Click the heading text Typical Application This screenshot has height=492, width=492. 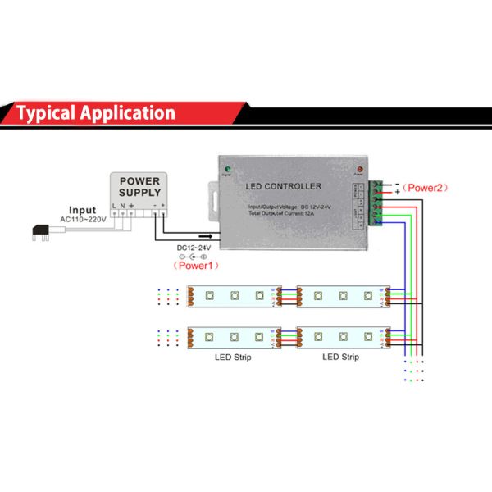pyautogui.click(x=96, y=113)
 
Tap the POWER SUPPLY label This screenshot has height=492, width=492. pyautogui.click(x=140, y=185)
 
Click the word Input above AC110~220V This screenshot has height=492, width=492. pyautogui.click(x=82, y=210)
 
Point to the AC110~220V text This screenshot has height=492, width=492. pyautogui.click(x=82, y=220)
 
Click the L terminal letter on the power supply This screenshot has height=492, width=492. pyautogui.click(x=114, y=204)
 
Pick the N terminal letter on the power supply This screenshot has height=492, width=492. pyautogui.click(x=122, y=204)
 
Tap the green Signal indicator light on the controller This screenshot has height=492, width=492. pyautogui.click(x=227, y=170)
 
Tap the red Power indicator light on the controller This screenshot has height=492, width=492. pyautogui.click(x=358, y=170)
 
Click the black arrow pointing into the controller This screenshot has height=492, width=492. pyautogui.click(x=198, y=235)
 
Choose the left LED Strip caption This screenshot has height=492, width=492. pyautogui.click(x=233, y=357)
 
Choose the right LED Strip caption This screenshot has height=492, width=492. pyautogui.click(x=340, y=357)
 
